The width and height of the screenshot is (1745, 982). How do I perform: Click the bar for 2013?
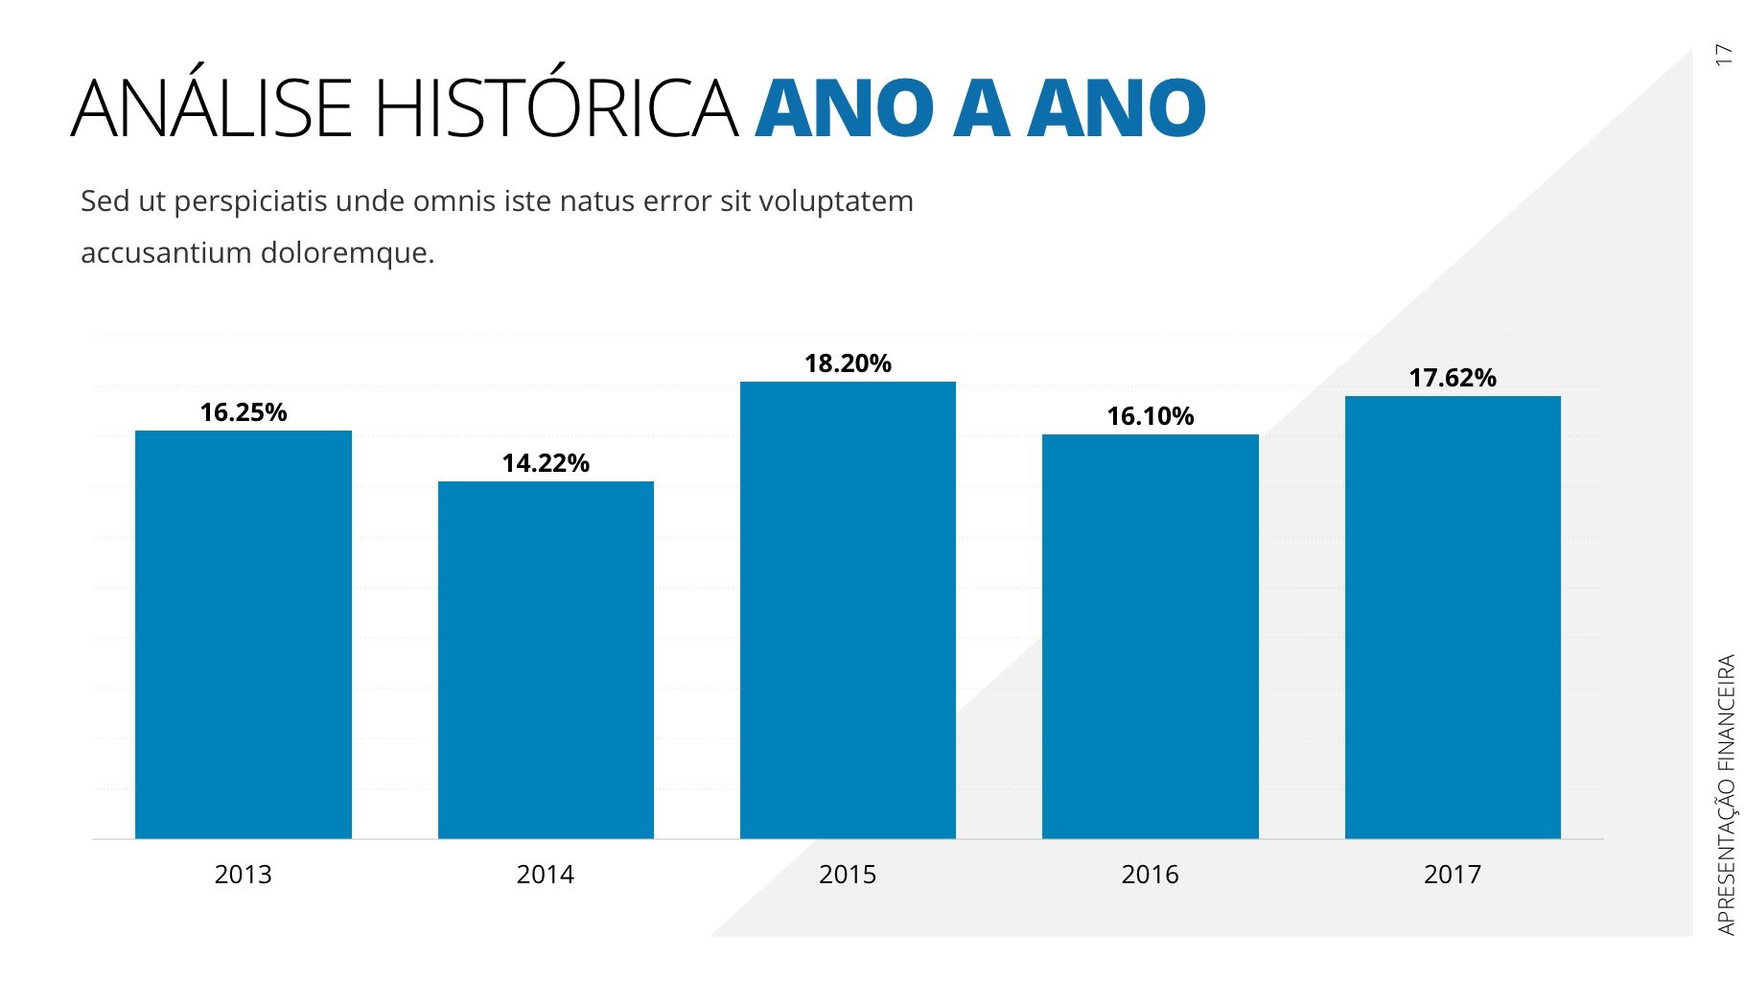tap(244, 635)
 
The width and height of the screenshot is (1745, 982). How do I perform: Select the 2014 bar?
tap(546, 660)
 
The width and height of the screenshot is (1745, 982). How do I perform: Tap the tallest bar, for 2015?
tap(848, 610)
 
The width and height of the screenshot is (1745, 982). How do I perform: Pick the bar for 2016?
tap(1150, 637)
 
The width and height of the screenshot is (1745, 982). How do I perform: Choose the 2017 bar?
tap(1453, 618)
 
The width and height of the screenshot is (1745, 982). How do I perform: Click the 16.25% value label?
tap(244, 412)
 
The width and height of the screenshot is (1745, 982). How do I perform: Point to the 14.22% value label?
tap(546, 463)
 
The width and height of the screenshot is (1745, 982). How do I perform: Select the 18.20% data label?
tap(848, 363)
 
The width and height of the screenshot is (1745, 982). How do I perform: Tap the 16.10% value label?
tap(1150, 416)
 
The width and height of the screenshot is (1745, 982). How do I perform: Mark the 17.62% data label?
tap(1453, 378)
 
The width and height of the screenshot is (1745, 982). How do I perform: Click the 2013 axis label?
tap(244, 875)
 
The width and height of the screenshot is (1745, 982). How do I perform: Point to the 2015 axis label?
tap(848, 875)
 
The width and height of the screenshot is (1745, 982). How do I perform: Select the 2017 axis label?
tap(1453, 875)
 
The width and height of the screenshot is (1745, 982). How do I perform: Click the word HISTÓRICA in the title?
tap(556, 108)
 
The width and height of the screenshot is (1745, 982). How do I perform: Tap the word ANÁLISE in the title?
tap(212, 108)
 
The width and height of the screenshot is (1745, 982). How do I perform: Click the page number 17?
tap(1724, 55)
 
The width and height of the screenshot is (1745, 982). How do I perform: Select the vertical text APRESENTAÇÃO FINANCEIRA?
tap(1726, 794)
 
